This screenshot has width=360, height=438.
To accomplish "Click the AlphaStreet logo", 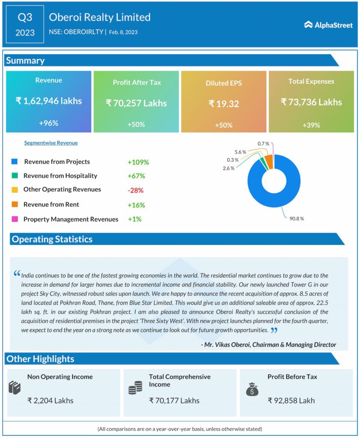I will pyautogui.click(x=328, y=25).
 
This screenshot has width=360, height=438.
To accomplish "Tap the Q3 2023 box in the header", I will pyautogui.click(x=25, y=24).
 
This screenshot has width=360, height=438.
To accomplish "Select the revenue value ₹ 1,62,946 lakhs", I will pyautogui.click(x=48, y=101).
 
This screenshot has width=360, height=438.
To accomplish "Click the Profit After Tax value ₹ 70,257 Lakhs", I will pyautogui.click(x=136, y=103).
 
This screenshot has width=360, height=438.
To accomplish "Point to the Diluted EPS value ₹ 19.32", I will pyautogui.click(x=223, y=104).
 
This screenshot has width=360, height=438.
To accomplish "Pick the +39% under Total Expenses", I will pyautogui.click(x=311, y=125).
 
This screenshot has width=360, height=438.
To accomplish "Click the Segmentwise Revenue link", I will pyautogui.click(x=51, y=143).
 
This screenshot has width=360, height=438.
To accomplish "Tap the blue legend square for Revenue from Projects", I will pyautogui.click(x=15, y=162).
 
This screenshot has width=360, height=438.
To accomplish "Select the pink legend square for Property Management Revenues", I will pyautogui.click(x=15, y=219).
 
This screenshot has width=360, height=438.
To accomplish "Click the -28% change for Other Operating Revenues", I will pyautogui.click(x=135, y=190).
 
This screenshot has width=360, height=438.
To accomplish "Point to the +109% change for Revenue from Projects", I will pyautogui.click(x=138, y=162).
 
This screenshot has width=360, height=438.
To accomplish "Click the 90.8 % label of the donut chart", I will pyautogui.click(x=296, y=219).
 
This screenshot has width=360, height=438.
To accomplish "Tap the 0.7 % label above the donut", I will pyautogui.click(x=263, y=144).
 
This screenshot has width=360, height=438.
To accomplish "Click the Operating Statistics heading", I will pyautogui.click(x=52, y=239).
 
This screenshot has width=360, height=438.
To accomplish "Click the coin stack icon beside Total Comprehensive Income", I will pyautogui.click(x=135, y=388).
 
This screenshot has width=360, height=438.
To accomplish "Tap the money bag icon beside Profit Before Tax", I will pyautogui.click(x=252, y=389).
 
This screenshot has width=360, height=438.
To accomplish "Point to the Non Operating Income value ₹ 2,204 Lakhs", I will pyautogui.click(x=50, y=401).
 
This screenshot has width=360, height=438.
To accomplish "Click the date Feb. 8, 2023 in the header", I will pyautogui.click(x=123, y=32).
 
